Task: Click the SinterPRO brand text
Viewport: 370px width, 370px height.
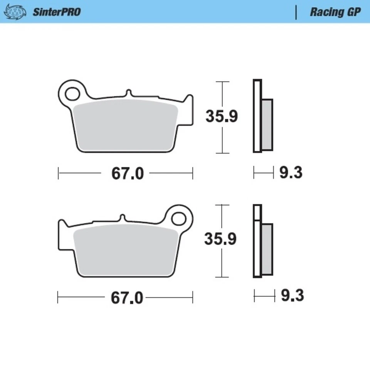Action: pyautogui.click(x=56, y=12)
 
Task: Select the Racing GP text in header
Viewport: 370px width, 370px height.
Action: pyautogui.click(x=335, y=12)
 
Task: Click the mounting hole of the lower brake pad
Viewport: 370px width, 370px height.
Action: pyautogui.click(x=178, y=219)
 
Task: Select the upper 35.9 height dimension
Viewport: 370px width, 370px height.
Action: pyautogui.click(x=221, y=116)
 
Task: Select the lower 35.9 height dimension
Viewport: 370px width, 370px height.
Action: pyautogui.click(x=220, y=239)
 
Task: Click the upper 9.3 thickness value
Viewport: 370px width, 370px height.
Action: pyautogui.click(x=291, y=173)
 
